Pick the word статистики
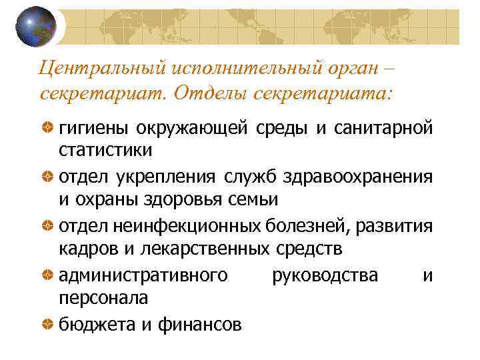[105, 150]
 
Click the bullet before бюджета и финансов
[47, 324]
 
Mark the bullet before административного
[47, 275]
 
